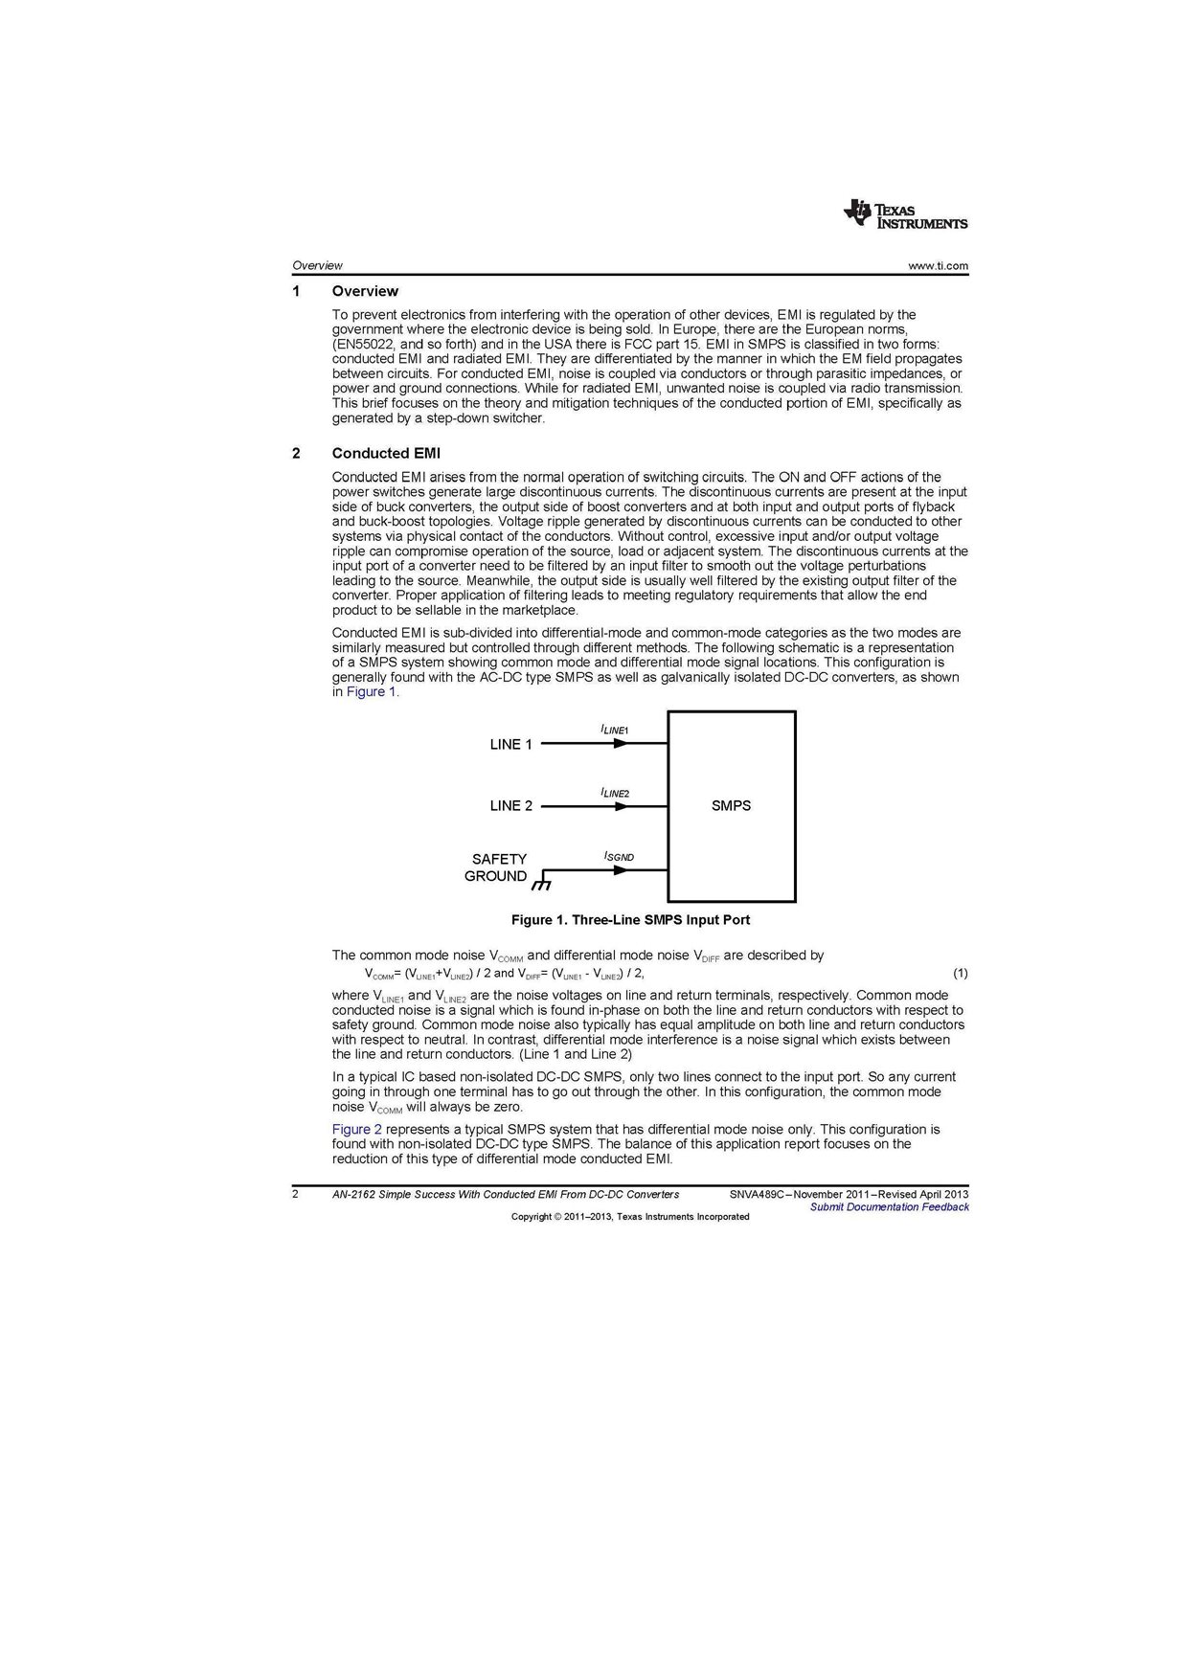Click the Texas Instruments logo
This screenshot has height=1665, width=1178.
click(905, 214)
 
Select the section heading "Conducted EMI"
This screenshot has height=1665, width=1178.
click(386, 453)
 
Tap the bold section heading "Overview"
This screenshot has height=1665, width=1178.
click(365, 291)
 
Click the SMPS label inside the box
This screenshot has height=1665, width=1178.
click(731, 806)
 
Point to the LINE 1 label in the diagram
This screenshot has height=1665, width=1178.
click(510, 744)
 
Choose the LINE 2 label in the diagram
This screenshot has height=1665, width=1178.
click(510, 806)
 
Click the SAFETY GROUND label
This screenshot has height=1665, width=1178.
click(496, 867)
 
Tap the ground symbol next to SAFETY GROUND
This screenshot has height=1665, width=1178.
click(543, 881)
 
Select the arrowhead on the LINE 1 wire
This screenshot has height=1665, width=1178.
click(622, 744)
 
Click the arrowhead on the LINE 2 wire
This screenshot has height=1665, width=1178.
click(622, 806)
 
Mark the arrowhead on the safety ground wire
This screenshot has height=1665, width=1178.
click(622, 870)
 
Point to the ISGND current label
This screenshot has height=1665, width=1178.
click(619, 856)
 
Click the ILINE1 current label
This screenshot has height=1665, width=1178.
click(614, 730)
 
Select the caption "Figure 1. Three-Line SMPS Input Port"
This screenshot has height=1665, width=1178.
click(630, 920)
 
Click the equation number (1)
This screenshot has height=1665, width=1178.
click(960, 974)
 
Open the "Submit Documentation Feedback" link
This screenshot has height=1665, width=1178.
click(889, 1207)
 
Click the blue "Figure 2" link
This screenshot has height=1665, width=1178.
click(356, 1130)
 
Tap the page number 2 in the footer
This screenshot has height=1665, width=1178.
click(296, 1194)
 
